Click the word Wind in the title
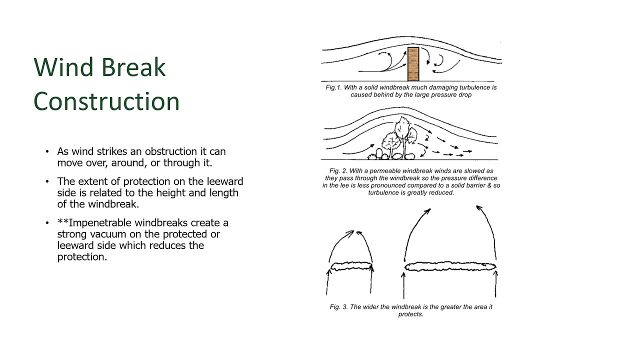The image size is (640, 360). point(63,67)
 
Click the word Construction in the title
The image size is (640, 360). point(106,101)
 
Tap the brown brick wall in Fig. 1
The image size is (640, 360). point(413,64)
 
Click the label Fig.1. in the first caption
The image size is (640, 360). point(333,87)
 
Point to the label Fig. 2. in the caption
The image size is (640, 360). point(338,171)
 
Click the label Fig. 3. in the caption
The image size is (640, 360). point(338,307)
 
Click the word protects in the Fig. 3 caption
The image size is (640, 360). point(410,314)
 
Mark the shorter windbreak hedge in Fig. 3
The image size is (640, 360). point(351,266)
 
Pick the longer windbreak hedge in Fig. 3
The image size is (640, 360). point(450,266)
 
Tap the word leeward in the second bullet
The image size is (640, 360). point(225,181)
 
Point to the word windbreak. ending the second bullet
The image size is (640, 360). point(113,204)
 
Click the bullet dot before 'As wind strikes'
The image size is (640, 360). point(47,151)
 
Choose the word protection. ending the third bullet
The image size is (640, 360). point(82,257)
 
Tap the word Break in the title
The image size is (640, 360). point(133,67)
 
